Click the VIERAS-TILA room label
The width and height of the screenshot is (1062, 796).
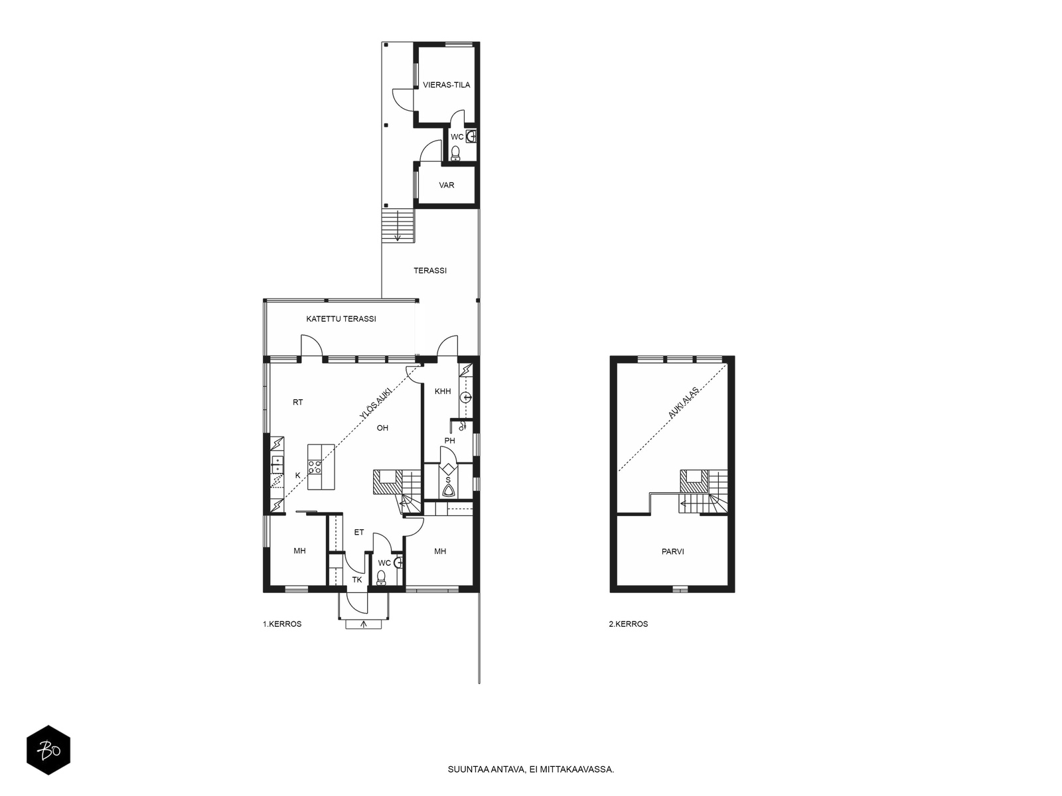(x=446, y=85)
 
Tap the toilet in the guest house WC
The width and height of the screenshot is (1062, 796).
(x=455, y=153)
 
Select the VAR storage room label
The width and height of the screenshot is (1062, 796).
(x=446, y=185)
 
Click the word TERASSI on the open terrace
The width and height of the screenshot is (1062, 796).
(x=429, y=271)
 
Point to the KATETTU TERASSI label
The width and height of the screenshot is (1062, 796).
(x=341, y=319)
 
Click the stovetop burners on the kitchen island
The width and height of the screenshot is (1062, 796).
(x=315, y=466)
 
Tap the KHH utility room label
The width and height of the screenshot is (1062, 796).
(x=443, y=391)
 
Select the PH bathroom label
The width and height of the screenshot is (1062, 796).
(x=449, y=440)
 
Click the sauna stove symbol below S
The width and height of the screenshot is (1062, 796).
(x=448, y=492)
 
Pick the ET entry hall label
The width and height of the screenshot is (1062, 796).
(x=358, y=532)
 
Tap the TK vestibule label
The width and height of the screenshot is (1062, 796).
(x=357, y=580)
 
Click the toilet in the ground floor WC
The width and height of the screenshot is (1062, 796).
(x=381, y=577)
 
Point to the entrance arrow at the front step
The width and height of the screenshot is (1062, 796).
(x=363, y=624)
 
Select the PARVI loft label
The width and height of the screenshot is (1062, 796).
(x=672, y=551)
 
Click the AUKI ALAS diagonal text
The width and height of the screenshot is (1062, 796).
(x=683, y=402)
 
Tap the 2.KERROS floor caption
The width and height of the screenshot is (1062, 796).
(x=628, y=624)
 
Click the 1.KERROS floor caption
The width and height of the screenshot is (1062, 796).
(x=282, y=624)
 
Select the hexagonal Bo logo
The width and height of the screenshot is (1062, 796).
(x=48, y=750)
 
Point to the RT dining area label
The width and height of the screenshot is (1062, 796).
(x=297, y=402)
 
